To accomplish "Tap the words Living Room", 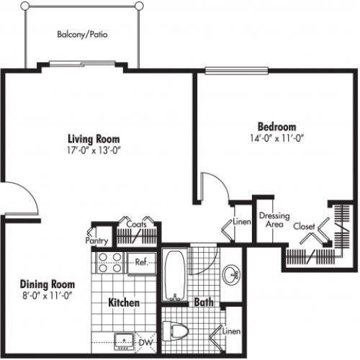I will (94, 139).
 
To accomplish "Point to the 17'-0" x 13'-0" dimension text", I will (94, 150).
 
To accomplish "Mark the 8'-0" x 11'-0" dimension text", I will (45, 295).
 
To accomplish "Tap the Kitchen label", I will (123, 303).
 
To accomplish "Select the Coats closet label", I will (136, 224).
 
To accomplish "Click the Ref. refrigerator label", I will (140, 263).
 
